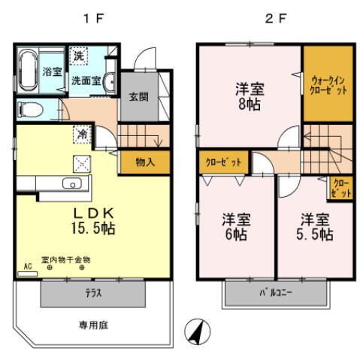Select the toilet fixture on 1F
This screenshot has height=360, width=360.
(x=30, y=108)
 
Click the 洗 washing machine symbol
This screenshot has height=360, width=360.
(x=78, y=56)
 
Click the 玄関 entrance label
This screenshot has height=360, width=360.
(x=138, y=97)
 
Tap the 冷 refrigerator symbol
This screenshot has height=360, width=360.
(x=80, y=135)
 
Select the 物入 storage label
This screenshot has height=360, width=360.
(x=145, y=162)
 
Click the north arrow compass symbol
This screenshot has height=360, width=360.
(x=196, y=331)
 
